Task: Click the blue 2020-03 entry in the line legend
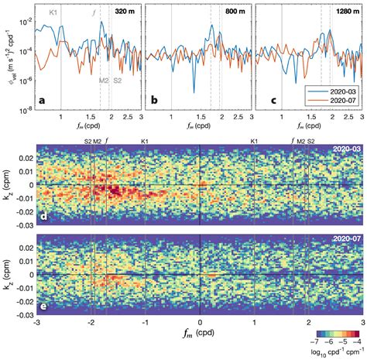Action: pos(338,93)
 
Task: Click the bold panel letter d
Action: pos(43,216)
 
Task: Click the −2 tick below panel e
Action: pos(91,324)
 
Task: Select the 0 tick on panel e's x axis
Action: pos(200,324)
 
